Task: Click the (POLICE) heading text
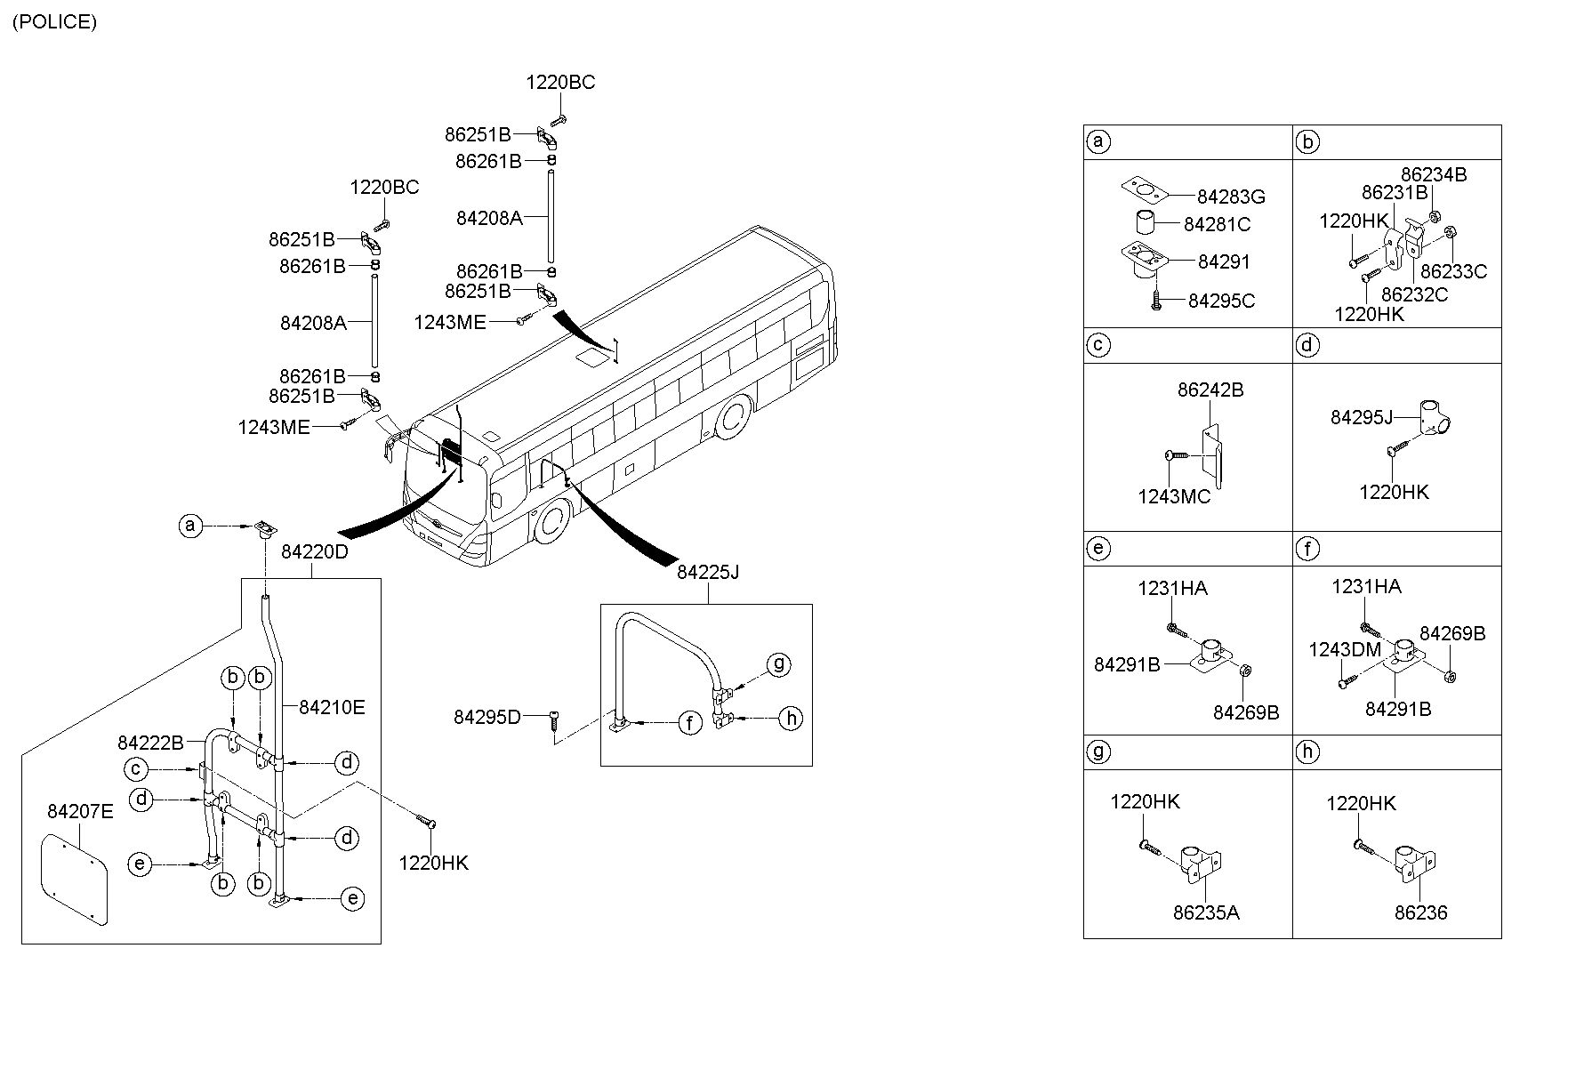point(54,22)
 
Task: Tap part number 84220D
point(315,552)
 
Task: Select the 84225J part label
point(708,573)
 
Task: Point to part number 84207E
point(80,811)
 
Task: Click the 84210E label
point(332,708)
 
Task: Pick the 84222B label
point(150,742)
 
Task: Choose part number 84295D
point(487,717)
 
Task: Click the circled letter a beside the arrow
point(189,526)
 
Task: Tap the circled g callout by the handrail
point(778,664)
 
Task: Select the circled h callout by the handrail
point(790,719)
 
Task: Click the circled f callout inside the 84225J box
point(690,724)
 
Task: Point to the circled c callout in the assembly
point(136,769)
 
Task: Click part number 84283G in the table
point(1231,197)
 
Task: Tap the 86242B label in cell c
point(1210,390)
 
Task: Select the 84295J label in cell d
point(1362,417)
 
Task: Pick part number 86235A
point(1206,912)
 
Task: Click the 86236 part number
point(1421,912)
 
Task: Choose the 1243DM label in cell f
point(1345,650)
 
